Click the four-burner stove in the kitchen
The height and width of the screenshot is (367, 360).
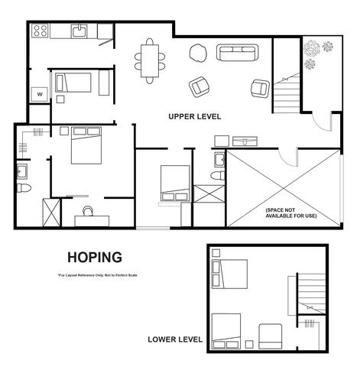click(x=41, y=32)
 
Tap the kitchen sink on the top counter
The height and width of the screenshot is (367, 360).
click(x=79, y=31)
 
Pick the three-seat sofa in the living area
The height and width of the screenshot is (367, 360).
click(x=237, y=53)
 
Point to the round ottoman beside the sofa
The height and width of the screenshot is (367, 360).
click(x=197, y=54)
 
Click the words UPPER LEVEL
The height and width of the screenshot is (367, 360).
click(x=195, y=117)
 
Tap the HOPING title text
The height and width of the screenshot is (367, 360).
click(x=94, y=257)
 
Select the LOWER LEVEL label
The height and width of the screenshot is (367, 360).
click(x=175, y=339)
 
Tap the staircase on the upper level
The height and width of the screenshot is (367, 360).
click(x=288, y=96)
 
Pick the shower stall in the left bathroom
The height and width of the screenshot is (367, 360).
click(x=51, y=211)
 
